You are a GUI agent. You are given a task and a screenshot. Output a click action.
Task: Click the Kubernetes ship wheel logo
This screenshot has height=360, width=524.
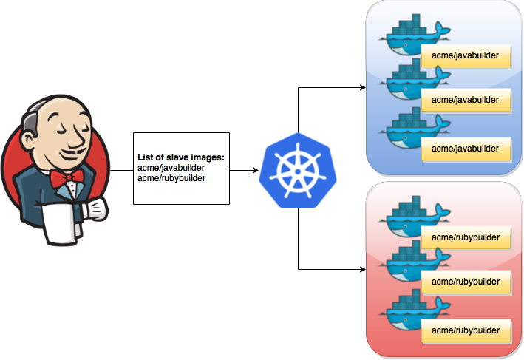(297, 168)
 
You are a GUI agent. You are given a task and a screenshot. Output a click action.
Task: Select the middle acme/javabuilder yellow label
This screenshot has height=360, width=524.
(466, 99)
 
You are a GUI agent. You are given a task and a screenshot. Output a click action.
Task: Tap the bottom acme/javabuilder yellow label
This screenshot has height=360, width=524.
(466, 149)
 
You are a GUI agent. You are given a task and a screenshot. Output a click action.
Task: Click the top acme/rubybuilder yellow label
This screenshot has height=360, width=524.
(466, 239)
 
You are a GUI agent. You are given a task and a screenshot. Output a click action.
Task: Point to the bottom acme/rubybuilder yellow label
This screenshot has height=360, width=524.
(466, 330)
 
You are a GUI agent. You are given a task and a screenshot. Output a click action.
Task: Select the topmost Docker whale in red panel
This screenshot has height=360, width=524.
(411, 217)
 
